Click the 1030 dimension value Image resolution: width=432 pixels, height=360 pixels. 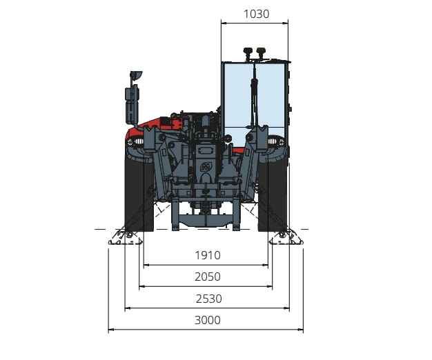[256, 14]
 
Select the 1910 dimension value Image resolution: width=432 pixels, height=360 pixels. [208, 255]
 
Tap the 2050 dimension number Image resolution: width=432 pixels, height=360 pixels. [208, 277]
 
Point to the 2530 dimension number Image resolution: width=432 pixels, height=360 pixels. [209, 299]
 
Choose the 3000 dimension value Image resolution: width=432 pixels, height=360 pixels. [208, 320]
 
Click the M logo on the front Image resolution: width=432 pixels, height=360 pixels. [206, 167]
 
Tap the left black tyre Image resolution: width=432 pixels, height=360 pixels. [139, 192]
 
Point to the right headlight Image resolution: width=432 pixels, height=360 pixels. [276, 142]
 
